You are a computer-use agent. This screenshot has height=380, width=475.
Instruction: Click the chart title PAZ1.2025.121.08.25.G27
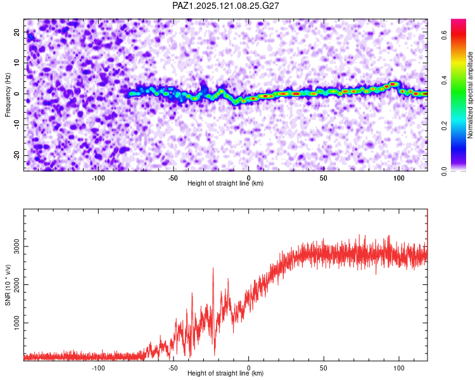coord(225,6)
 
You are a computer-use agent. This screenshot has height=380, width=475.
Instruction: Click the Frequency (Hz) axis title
coord(8,95)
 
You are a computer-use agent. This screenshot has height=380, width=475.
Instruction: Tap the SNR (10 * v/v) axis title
coord(8,285)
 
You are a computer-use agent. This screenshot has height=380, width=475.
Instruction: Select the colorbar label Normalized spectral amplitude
coord(470,95)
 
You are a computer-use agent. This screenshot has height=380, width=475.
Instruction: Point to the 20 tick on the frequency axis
coord(16,32)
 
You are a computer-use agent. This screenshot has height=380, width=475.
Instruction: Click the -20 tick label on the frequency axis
coord(16,155)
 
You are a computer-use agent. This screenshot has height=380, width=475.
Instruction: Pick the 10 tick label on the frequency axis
coord(16,63)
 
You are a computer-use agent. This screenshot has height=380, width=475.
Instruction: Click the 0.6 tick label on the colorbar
coord(444,35)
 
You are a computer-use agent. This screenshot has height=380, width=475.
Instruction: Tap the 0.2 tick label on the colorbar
coord(444,126)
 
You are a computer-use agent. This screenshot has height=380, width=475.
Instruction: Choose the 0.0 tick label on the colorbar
coord(444,171)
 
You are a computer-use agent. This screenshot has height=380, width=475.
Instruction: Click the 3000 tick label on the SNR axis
coord(16,246)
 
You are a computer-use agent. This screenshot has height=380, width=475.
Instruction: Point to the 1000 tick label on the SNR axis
coord(16,323)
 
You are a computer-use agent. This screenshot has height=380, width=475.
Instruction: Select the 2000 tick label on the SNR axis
coord(16,285)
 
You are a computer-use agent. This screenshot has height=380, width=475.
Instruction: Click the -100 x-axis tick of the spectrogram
coord(98,178)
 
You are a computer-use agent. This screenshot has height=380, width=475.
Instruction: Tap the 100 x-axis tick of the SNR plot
coord(398,368)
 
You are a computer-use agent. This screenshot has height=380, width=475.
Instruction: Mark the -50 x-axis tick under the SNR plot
coord(173,368)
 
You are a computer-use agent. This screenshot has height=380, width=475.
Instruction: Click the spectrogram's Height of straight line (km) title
coord(225,183)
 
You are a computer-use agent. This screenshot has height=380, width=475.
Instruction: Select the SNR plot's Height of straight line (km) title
coord(225,373)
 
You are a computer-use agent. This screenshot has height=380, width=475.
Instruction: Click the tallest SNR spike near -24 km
coord(213,269)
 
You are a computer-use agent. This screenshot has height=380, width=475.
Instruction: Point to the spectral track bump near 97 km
coord(393,84)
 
